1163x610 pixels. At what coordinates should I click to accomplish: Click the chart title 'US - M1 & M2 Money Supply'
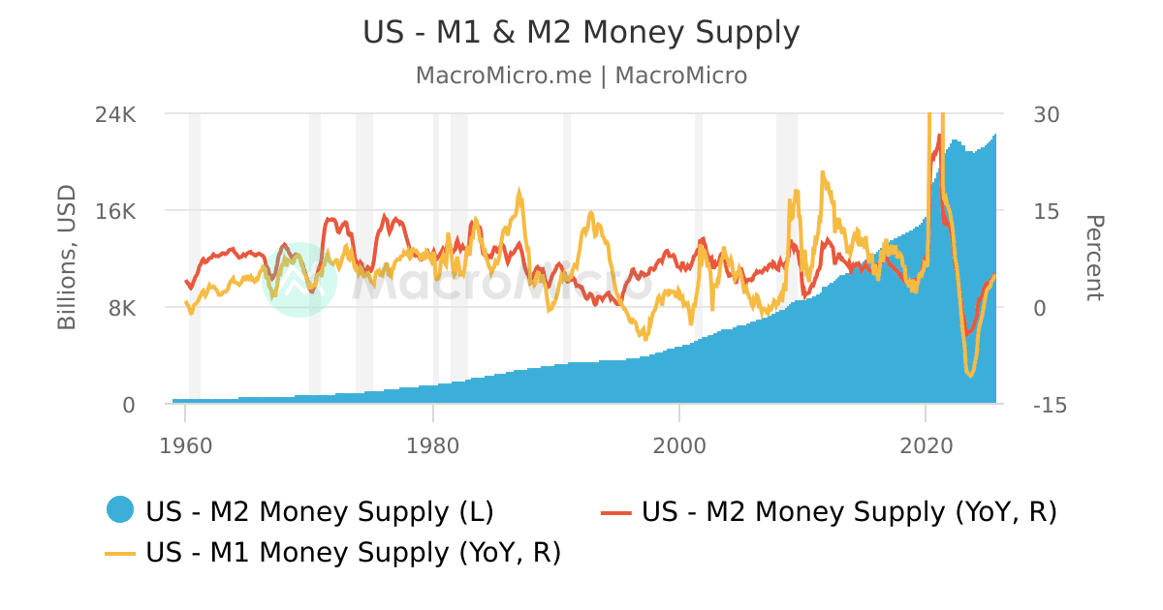point(581,33)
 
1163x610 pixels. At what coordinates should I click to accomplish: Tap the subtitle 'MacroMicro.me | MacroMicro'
point(581,76)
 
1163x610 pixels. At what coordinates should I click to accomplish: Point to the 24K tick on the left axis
point(115,114)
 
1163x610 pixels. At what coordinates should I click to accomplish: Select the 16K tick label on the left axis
point(115,211)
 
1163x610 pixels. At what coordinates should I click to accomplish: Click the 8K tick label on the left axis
point(121,308)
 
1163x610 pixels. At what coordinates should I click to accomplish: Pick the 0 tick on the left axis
point(128,405)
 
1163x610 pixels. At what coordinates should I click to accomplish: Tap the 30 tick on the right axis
point(1047,114)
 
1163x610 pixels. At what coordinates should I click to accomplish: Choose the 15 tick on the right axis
point(1047,211)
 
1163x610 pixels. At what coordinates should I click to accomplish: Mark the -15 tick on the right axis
point(1049,405)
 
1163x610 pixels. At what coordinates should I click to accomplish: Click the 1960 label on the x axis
point(185,446)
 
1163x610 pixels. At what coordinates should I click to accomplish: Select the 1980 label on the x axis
point(432,446)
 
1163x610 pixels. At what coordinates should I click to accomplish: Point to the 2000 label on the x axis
point(679,446)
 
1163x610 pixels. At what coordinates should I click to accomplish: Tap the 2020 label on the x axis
point(927,446)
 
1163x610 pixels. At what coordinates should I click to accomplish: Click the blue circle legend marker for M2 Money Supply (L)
point(120,510)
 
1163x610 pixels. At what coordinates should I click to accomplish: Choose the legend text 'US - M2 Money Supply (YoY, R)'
point(849,511)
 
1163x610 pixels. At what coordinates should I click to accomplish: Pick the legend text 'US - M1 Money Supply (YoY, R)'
point(353,552)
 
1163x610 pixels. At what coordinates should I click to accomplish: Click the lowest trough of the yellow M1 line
point(970,375)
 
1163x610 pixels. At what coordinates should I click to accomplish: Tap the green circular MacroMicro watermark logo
point(299,279)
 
